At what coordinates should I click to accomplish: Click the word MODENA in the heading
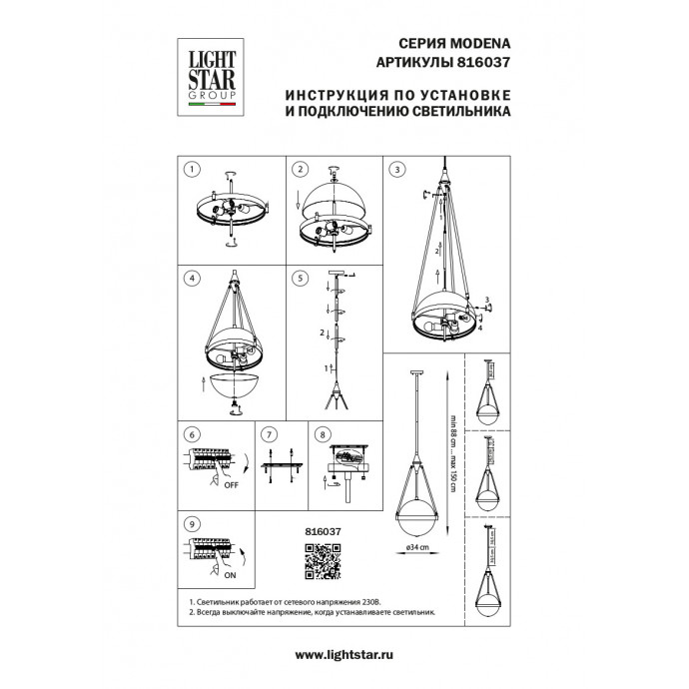476,45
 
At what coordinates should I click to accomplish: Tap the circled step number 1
195,169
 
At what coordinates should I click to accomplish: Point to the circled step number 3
397,169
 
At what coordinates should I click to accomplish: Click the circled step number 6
195,435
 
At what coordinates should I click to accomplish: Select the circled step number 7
267,435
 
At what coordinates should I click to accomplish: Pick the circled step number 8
322,435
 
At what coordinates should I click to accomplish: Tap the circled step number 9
195,522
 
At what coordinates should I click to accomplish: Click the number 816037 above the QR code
322,532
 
